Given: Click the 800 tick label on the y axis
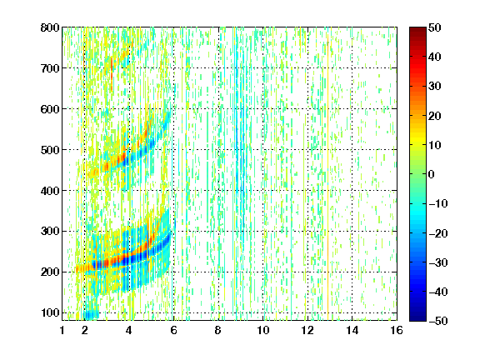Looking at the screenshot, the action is pos(50,27).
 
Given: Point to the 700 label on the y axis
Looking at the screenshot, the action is pos(50,68).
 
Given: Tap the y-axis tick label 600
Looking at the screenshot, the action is pos(50,109).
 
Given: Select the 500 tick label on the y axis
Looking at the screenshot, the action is pos(50,150).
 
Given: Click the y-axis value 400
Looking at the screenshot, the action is pos(50,191).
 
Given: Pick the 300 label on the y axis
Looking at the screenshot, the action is pos(50,232).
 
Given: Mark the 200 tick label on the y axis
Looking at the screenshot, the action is pos(50,272).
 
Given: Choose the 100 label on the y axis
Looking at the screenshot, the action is pos(50,312).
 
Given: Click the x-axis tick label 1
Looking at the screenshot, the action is pos(62,330).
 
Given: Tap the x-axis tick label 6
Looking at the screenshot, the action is pos(173,330).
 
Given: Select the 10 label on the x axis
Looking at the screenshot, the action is pos(263,330).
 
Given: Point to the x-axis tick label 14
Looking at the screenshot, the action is pos(352,330).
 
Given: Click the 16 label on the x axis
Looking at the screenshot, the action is pos(397,330).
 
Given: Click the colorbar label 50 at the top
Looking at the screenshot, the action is pos(434,27).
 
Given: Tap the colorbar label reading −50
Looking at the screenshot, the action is pos(437,321).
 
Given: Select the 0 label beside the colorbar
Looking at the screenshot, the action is pos(432,174).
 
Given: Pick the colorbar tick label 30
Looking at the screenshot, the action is pos(434,87).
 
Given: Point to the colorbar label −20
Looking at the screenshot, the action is pos(437,233).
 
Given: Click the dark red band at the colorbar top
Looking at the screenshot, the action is pos(417,33).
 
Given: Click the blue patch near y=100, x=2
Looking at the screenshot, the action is pos(91,314).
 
